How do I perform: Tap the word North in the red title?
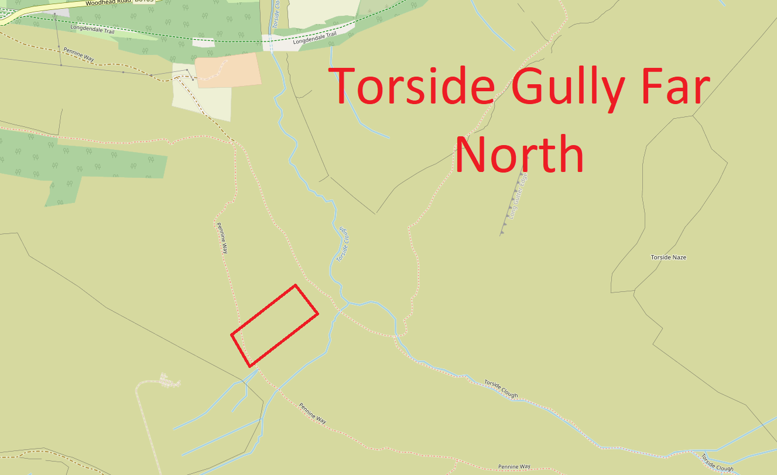[520, 154]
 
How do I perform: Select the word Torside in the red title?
[412, 85]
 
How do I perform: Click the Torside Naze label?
[668, 257]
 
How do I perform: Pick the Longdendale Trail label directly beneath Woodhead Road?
[90, 27]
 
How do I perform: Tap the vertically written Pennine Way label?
[222, 237]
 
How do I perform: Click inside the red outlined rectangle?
[275, 325]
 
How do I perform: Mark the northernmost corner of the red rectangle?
[295, 285]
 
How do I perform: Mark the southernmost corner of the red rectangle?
[251, 366]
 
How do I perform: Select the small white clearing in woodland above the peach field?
[203, 43]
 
